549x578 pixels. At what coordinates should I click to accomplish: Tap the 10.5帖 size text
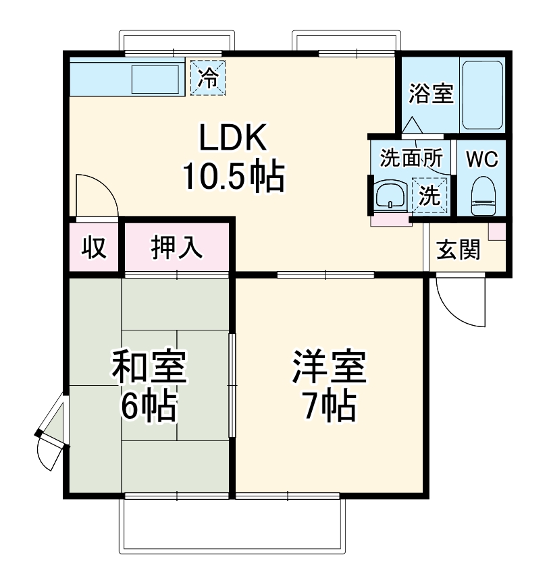[232, 177]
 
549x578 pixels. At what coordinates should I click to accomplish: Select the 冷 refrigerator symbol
[208, 78]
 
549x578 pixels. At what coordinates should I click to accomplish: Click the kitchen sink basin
[155, 79]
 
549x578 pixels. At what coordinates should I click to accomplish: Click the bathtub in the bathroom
[481, 95]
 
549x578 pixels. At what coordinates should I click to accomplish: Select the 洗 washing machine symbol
[430, 195]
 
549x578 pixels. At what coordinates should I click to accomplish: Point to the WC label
[482, 160]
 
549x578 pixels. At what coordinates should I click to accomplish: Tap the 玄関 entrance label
[459, 250]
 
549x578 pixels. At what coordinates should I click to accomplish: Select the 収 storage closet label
[94, 248]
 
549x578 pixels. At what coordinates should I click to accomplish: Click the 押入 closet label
[176, 248]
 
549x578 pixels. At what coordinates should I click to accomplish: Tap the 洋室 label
[329, 368]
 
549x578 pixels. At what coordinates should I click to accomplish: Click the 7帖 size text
[329, 405]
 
